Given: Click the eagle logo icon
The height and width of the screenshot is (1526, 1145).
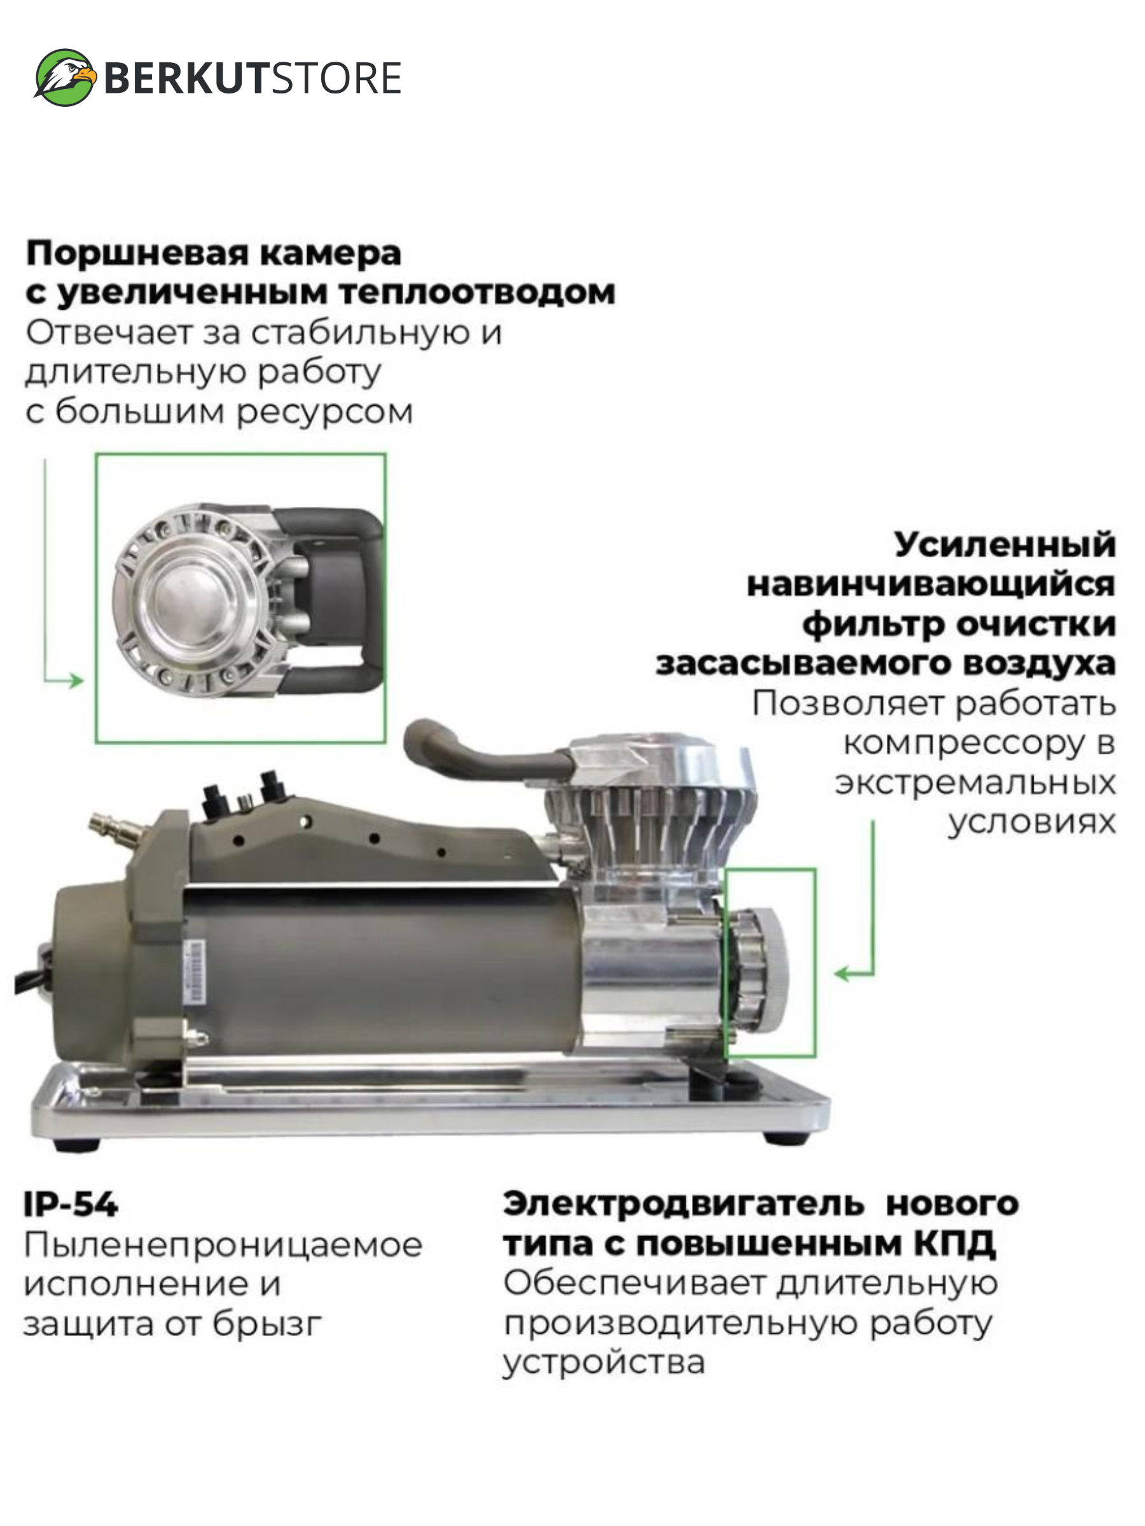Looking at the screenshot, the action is point(66,78).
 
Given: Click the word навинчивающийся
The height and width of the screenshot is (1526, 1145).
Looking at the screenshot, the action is point(931,585).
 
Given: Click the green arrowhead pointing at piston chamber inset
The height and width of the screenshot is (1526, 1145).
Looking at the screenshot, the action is point(76,681).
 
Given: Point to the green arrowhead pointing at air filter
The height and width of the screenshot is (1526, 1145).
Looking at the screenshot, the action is point(842,974).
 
